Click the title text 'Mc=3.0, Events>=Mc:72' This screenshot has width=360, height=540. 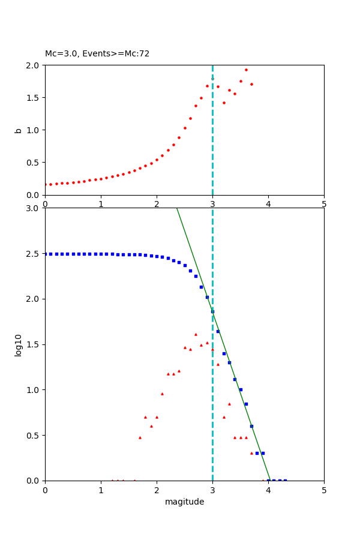97,54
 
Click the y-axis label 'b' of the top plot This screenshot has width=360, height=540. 19,130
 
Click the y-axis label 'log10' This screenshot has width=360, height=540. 19,344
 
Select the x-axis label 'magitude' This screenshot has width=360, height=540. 184,502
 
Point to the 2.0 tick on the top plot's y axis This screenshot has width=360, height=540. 34,65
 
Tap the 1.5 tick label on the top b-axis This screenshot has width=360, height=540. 34,98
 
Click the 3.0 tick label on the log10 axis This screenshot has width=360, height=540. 34,208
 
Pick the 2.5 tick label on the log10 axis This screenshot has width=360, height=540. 34,254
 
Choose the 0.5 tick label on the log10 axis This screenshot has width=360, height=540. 34,436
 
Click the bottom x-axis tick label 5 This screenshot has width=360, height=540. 324,490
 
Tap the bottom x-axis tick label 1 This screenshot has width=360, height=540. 101,490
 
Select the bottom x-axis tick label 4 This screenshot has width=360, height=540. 268,490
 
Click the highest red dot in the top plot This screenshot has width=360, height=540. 246,70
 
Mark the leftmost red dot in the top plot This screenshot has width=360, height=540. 45,185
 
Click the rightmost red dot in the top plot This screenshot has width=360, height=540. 251,84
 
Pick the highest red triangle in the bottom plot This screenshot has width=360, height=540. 196,334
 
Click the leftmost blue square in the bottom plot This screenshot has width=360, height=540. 45,254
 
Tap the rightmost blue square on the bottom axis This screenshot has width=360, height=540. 285,481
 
